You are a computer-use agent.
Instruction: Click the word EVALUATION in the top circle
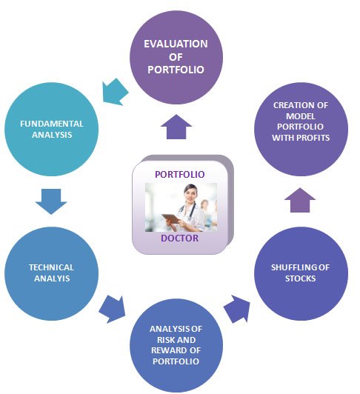click(176, 44)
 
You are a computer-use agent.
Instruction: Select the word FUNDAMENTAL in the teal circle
click(52, 124)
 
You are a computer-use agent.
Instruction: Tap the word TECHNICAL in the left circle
click(51, 267)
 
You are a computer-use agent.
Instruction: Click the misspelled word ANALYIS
click(52, 278)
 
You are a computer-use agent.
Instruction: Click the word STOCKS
click(301, 278)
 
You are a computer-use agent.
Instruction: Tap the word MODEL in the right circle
click(301, 116)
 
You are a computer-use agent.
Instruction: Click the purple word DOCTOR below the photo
click(179, 238)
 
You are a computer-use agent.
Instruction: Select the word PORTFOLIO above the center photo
click(179, 174)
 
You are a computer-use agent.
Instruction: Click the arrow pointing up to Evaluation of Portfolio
click(176, 127)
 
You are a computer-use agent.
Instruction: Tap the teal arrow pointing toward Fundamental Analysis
click(116, 92)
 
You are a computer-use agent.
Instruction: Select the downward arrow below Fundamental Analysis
click(51, 201)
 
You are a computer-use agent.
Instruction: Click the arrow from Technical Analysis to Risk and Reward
click(112, 310)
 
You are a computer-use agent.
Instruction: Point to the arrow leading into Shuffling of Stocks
click(236, 309)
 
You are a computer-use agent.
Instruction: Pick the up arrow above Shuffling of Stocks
click(300, 200)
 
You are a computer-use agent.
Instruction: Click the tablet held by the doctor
click(171, 218)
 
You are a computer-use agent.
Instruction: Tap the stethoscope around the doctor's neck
click(192, 210)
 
